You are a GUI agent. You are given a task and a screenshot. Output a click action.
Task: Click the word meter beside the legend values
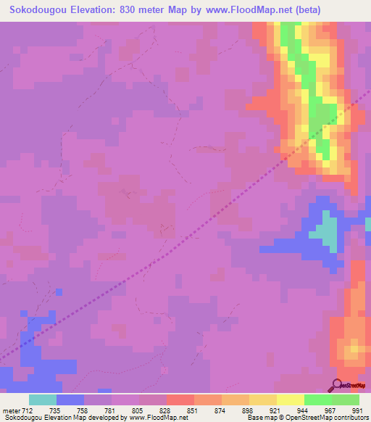[11, 410]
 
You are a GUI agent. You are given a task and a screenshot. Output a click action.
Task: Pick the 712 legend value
[28, 410]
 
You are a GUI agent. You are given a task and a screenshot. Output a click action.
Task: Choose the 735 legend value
[56, 410]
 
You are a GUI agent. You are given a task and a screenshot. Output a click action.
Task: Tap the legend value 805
[138, 410]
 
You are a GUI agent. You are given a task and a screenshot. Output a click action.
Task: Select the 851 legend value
[193, 410]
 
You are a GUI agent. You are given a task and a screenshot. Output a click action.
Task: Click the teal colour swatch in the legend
[42, 400]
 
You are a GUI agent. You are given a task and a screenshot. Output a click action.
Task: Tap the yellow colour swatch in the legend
[290, 400]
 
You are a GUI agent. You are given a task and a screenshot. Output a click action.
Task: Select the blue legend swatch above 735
[70, 400]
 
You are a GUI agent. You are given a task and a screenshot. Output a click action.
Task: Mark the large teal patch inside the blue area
[327, 232]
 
